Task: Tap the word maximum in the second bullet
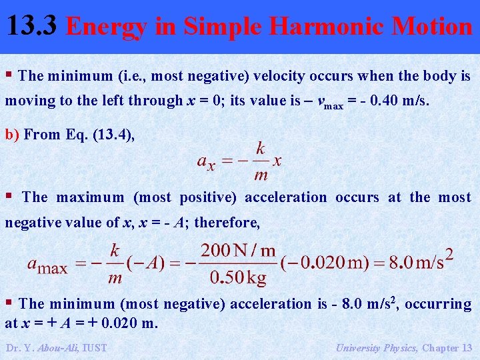tap(90, 197)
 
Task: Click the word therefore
tap(227, 223)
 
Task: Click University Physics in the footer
tap(375, 347)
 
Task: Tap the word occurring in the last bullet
tap(438, 304)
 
